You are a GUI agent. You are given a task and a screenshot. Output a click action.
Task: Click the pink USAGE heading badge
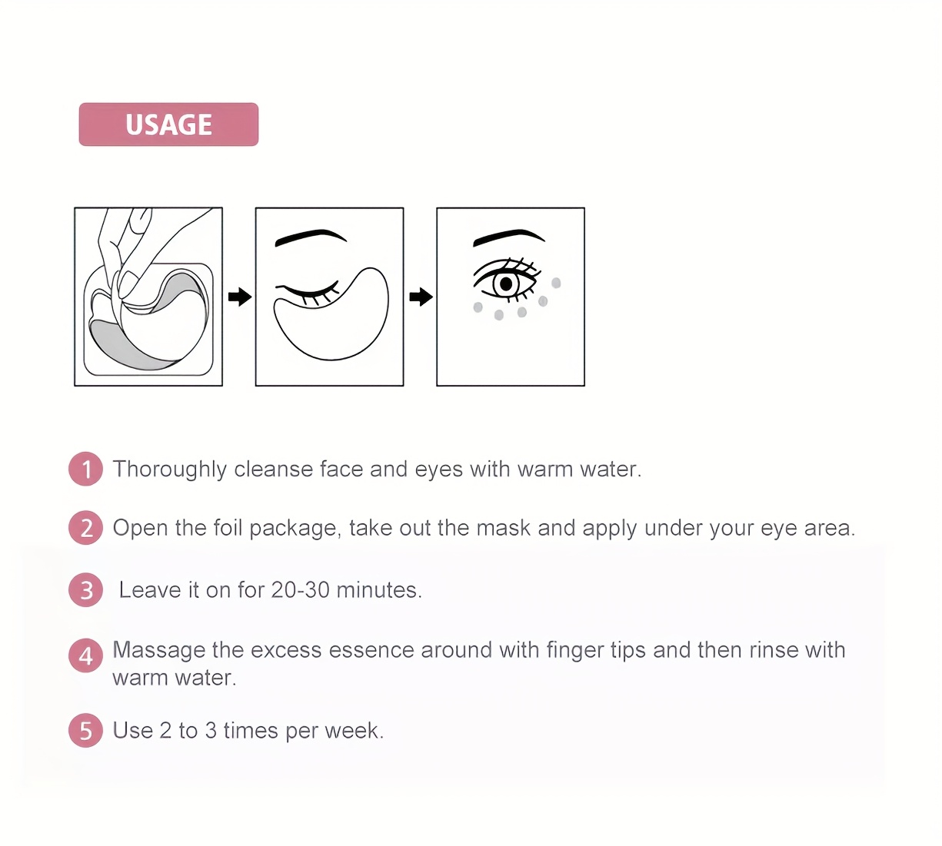168,124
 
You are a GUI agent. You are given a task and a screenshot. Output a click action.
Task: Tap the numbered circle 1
85,469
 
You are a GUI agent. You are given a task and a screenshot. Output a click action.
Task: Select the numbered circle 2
85,529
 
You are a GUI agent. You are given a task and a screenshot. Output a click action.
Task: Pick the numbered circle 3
85,591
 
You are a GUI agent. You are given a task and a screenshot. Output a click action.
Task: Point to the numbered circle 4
85,656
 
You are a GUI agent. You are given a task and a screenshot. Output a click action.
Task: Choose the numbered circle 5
85,731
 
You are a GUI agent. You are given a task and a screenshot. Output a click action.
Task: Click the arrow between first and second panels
239,297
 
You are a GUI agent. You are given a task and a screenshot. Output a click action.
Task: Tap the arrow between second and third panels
421,297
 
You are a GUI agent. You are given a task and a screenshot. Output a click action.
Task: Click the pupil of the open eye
506,284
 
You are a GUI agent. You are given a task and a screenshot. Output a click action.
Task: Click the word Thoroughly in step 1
169,469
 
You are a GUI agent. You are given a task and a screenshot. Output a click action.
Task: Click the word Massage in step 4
159,650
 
